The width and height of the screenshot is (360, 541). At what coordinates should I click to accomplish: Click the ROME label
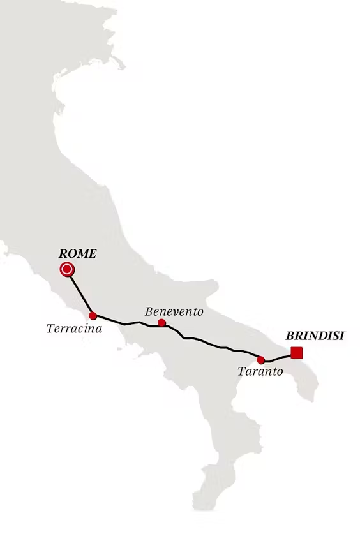coord(77,254)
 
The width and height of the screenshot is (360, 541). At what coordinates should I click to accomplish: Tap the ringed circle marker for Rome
coord(67,269)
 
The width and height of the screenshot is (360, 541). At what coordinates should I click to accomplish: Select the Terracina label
coord(74,329)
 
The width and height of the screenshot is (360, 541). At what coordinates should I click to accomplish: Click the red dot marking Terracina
coord(93,316)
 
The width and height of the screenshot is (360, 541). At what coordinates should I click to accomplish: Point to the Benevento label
coord(174,311)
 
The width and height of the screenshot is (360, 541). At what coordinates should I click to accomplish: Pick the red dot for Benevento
coord(162,323)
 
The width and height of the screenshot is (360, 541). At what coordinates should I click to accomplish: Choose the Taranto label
coord(260,371)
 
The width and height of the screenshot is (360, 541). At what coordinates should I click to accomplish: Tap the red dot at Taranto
coord(261,360)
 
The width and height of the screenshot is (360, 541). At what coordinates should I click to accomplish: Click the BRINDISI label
coord(315,336)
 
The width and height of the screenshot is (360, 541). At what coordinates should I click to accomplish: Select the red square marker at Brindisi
coord(296,353)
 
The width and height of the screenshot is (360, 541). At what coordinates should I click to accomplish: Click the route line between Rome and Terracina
coord(80,293)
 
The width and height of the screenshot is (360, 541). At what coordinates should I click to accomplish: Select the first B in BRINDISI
coord(290,336)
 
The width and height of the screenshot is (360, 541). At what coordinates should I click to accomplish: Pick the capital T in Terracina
coord(50,329)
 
